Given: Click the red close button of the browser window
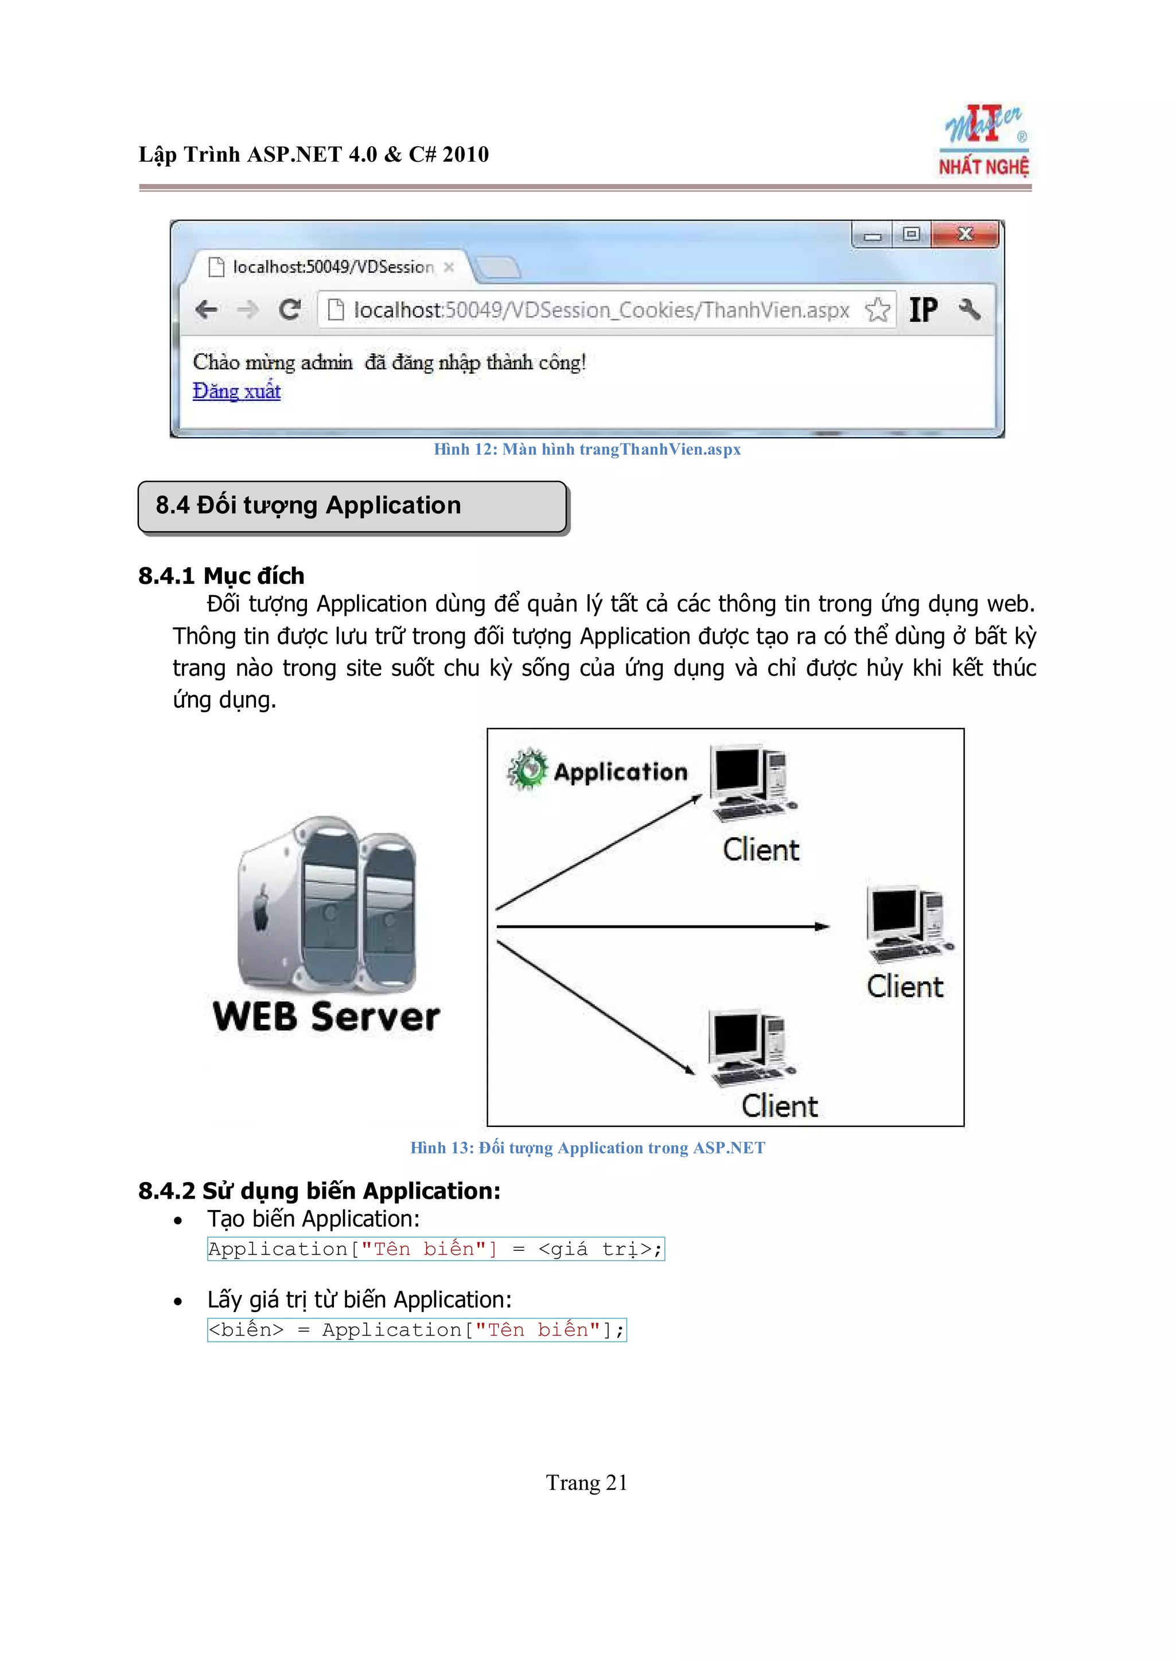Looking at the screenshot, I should pos(965,235).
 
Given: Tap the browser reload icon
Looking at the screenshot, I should pos(290,310).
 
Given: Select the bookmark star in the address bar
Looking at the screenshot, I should pos(877,310).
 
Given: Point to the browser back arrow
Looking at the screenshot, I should pos(207,310).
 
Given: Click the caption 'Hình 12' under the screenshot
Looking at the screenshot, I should pos(587,450).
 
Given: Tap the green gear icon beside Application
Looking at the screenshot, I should pos(527,770).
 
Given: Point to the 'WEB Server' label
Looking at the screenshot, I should pos(326,1016).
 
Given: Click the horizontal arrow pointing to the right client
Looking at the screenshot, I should pos(663,927).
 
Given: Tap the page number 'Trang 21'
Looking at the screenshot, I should pos(586,1483).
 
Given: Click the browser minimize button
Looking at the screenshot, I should pos(873,235).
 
